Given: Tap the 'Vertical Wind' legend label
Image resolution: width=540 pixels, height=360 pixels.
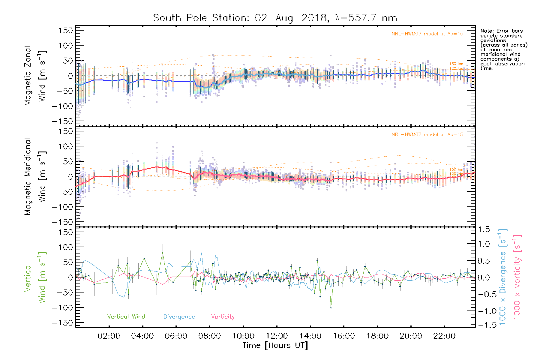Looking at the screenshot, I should (126, 316).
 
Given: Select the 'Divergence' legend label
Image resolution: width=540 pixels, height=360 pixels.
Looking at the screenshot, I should (179, 316).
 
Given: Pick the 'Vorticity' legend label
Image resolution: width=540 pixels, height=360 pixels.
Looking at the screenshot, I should (223, 316).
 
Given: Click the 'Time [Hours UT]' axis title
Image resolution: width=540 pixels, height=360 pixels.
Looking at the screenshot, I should (275, 345).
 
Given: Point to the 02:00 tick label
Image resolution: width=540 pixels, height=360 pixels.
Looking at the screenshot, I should (109, 336).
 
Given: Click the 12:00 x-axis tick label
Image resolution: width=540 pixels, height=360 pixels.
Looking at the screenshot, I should (277, 336).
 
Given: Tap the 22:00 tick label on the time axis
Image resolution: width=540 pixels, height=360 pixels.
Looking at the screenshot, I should (444, 336).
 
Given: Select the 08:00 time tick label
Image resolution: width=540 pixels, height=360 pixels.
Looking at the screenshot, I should (209, 336).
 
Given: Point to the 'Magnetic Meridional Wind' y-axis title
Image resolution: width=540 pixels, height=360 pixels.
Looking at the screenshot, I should (35, 177).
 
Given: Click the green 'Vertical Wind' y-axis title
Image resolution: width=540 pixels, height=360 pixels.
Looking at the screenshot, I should (35, 277).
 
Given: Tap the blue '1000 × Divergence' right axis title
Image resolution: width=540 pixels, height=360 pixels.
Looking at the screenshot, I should (502, 277).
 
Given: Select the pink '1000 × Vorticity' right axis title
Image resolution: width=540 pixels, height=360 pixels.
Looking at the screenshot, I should (517, 277).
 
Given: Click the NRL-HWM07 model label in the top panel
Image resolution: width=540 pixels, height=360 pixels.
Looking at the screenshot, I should (427, 34).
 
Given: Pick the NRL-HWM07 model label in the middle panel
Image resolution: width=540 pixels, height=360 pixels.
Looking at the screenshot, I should (427, 135).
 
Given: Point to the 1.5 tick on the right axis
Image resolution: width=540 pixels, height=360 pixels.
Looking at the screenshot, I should (484, 229).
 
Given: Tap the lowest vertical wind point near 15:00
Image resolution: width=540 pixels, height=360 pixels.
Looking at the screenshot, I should (331, 308).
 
